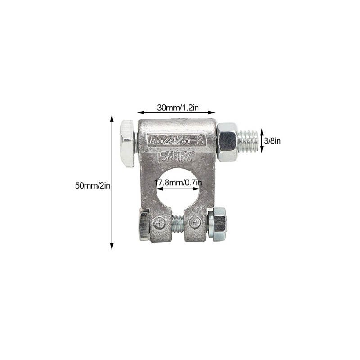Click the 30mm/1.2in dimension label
pos(176,108)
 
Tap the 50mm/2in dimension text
pos(93,185)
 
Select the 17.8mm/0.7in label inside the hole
pos(178,183)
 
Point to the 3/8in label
pos(273,141)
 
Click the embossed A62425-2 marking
pos(176,140)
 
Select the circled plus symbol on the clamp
pos(159,223)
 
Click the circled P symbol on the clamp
pos(195,223)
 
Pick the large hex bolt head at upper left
pos(127,143)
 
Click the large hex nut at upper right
pos(227,142)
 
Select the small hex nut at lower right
pos(218,224)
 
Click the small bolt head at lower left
pos(144,224)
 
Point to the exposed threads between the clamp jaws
pos(178,223)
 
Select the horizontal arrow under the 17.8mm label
pos(178,189)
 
